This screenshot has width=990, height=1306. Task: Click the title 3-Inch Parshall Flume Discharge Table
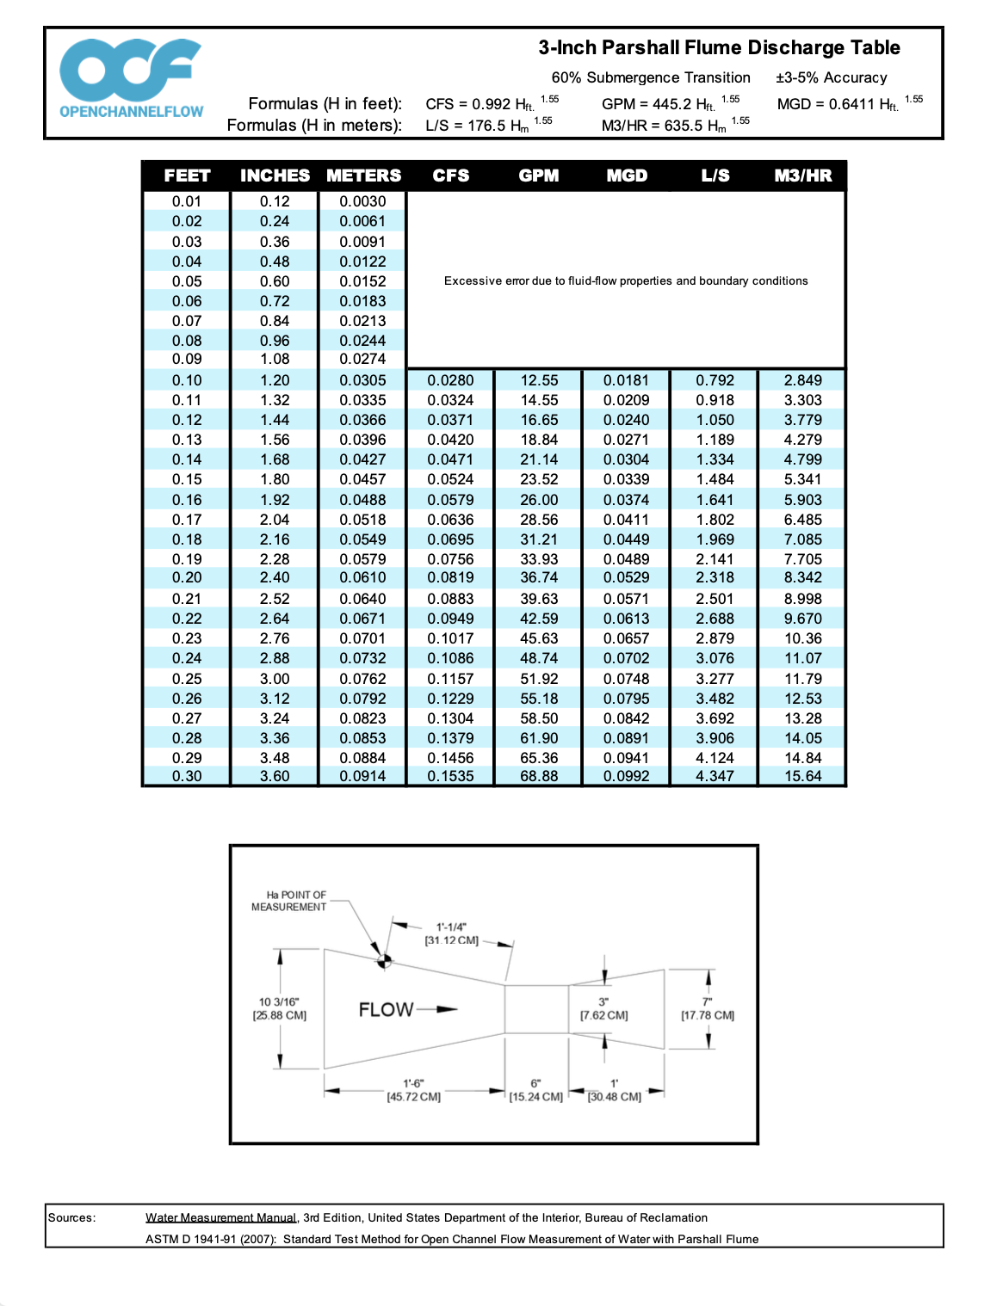[719, 47]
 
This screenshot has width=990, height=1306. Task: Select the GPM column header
[539, 176]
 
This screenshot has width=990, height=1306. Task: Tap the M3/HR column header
[802, 176]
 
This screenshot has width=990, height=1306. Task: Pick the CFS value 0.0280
[450, 380]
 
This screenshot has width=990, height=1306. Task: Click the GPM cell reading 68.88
[539, 776]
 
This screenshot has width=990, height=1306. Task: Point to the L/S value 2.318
[715, 577]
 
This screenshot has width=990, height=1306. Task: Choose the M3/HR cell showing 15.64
[802, 776]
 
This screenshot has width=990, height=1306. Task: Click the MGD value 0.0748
[626, 679]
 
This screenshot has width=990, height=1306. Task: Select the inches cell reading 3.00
[275, 679]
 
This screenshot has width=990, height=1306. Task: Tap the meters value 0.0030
[362, 201]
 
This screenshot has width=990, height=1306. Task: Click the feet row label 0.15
[187, 479]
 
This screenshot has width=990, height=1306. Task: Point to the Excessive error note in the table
[626, 281]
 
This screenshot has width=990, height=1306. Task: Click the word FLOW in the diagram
[387, 1009]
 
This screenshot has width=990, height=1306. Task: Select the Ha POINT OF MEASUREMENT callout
[289, 901]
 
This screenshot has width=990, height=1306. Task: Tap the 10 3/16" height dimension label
[279, 1008]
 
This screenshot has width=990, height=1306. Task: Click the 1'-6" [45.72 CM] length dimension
[413, 1090]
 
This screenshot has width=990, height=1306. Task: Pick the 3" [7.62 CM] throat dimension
[603, 1008]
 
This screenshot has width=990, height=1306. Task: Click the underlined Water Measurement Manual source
[220, 1217]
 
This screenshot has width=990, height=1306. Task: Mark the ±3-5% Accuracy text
[831, 77]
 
